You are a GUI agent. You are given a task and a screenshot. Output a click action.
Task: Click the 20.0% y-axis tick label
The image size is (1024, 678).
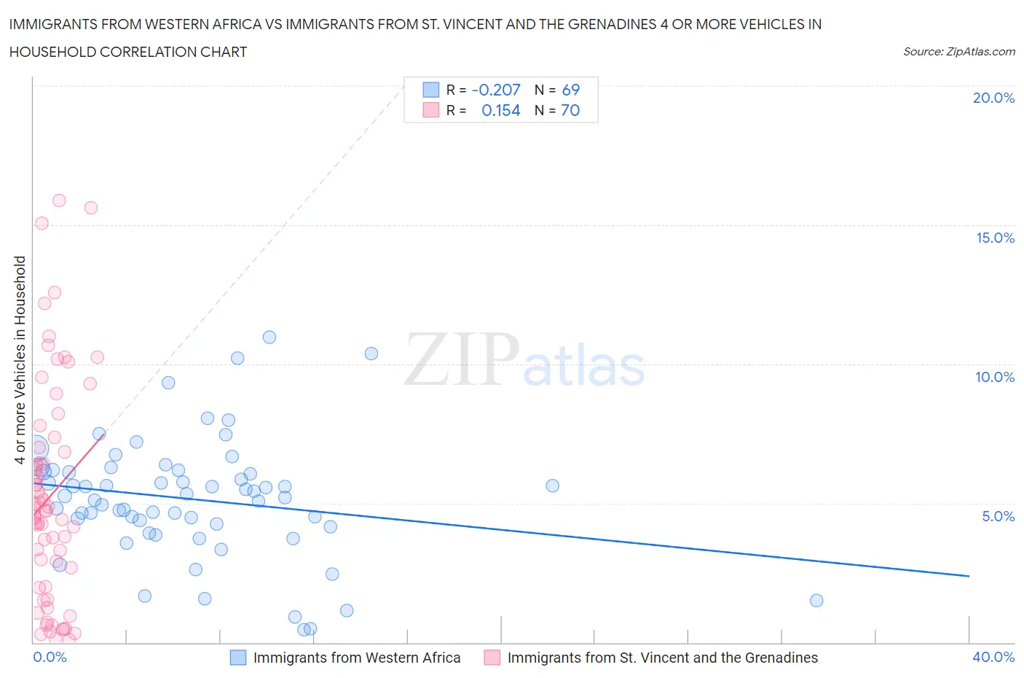coord(993,98)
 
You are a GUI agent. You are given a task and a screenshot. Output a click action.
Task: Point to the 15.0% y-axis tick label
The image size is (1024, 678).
coord(995,238)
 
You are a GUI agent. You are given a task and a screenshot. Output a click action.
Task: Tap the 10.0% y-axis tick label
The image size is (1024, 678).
coord(995,378)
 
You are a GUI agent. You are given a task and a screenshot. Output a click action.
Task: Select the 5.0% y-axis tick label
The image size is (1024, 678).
coord(998,517)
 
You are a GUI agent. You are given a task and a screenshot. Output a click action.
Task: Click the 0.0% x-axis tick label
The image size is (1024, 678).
coord(50,658)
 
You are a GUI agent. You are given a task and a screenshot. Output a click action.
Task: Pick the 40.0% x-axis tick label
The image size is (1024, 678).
coord(993,658)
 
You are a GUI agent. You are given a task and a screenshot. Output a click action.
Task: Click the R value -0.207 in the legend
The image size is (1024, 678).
coord(496,90)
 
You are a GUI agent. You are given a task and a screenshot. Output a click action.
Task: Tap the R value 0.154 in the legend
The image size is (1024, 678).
coord(501,111)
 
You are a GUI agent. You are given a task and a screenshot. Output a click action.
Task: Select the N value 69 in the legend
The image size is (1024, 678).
coord(571,90)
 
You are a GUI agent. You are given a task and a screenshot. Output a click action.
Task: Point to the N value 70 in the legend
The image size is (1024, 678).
coord(571,111)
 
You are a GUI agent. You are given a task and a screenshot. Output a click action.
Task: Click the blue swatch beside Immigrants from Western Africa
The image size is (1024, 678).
coord(238,658)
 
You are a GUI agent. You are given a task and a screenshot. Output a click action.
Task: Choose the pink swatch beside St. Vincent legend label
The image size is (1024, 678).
coord(492,658)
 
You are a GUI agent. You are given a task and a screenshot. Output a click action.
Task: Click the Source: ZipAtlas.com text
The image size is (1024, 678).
coord(958,52)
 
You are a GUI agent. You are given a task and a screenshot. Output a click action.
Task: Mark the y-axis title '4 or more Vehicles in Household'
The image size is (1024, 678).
coord(20,359)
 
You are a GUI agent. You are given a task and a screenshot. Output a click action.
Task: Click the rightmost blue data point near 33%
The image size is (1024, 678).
coord(816,601)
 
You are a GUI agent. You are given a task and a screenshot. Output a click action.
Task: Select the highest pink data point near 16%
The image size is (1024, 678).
coord(59,200)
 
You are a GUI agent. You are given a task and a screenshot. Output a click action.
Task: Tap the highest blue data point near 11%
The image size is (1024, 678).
coord(269,337)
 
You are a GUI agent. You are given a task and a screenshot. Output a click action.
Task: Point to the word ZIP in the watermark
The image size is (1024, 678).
coord(462,359)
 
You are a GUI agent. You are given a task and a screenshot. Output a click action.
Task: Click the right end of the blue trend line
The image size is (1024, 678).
coord(969,576)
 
